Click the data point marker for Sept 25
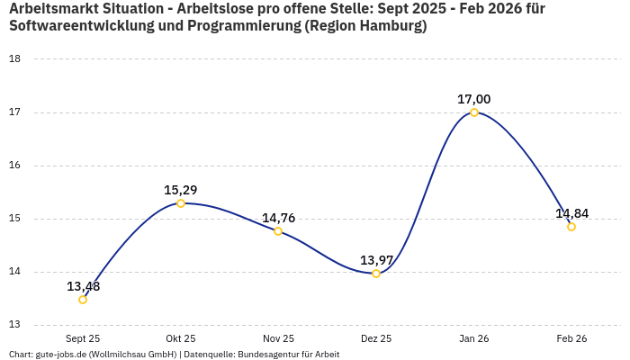pyautogui.click(x=83, y=300)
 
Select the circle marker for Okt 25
pyautogui.click(x=181, y=203)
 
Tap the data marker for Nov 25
pyautogui.click(x=278, y=231)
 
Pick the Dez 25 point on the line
pyautogui.click(x=376, y=274)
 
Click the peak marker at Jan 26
pyautogui.click(x=474, y=112)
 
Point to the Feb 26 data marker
pyautogui.click(x=571, y=227)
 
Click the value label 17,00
pyautogui.click(x=474, y=99)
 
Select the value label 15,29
pyautogui.click(x=181, y=190)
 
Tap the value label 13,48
pyautogui.click(x=83, y=286)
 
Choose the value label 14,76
pyautogui.click(x=278, y=218)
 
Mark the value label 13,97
pyautogui.click(x=376, y=260)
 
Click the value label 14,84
pyautogui.click(x=571, y=213)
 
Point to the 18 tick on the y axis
pyautogui.click(x=14, y=59)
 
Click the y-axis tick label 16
pyautogui.click(x=14, y=166)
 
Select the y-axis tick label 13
pyautogui.click(x=14, y=325)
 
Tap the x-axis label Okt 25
pyautogui.click(x=181, y=338)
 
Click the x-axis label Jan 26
pyautogui.click(x=474, y=338)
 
